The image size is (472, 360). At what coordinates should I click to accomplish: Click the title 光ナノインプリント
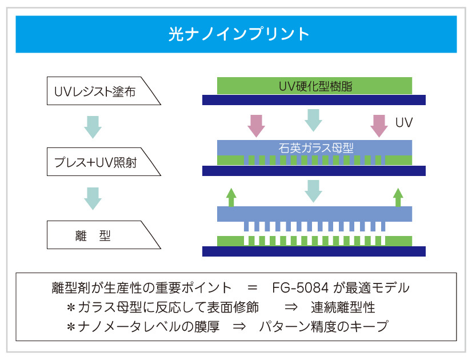(236, 34)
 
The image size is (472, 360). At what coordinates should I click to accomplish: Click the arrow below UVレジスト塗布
(93, 126)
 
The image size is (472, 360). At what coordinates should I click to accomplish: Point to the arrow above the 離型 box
(93, 198)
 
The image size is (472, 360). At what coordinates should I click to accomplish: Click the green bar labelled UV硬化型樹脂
(314, 86)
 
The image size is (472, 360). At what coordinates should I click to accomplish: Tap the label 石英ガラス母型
(315, 147)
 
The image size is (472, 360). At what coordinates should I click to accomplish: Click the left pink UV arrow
(255, 125)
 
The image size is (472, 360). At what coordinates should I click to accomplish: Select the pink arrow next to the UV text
(379, 125)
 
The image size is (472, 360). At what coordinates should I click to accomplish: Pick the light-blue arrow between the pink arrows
(313, 120)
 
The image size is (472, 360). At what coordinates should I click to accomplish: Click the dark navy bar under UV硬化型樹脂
(314, 100)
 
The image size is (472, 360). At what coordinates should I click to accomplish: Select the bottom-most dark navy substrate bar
(314, 251)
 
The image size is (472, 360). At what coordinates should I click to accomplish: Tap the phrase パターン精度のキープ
(323, 327)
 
